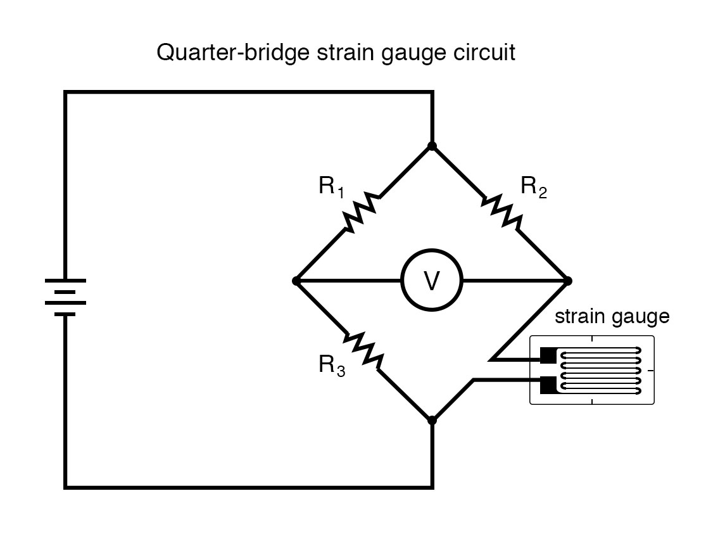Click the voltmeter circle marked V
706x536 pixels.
tap(432, 281)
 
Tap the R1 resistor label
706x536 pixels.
tap(331, 188)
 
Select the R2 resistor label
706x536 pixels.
tap(533, 188)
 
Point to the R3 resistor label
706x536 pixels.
tap(331, 366)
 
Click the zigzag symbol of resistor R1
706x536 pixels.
tap(362, 212)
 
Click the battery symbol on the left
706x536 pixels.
tap(65, 297)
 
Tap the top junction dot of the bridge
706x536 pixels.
tap(432, 146)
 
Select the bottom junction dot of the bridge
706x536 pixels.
tap(432, 420)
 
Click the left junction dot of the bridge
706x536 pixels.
tap(296, 281)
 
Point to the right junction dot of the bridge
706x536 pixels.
tap(568, 281)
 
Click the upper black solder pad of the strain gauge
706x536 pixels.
tap(547, 356)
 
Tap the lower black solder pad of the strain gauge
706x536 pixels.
tap(547, 384)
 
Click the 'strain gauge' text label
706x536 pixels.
tap(612, 317)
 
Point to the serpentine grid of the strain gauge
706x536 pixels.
tap(602, 370)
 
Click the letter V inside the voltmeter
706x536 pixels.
tap(432, 281)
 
